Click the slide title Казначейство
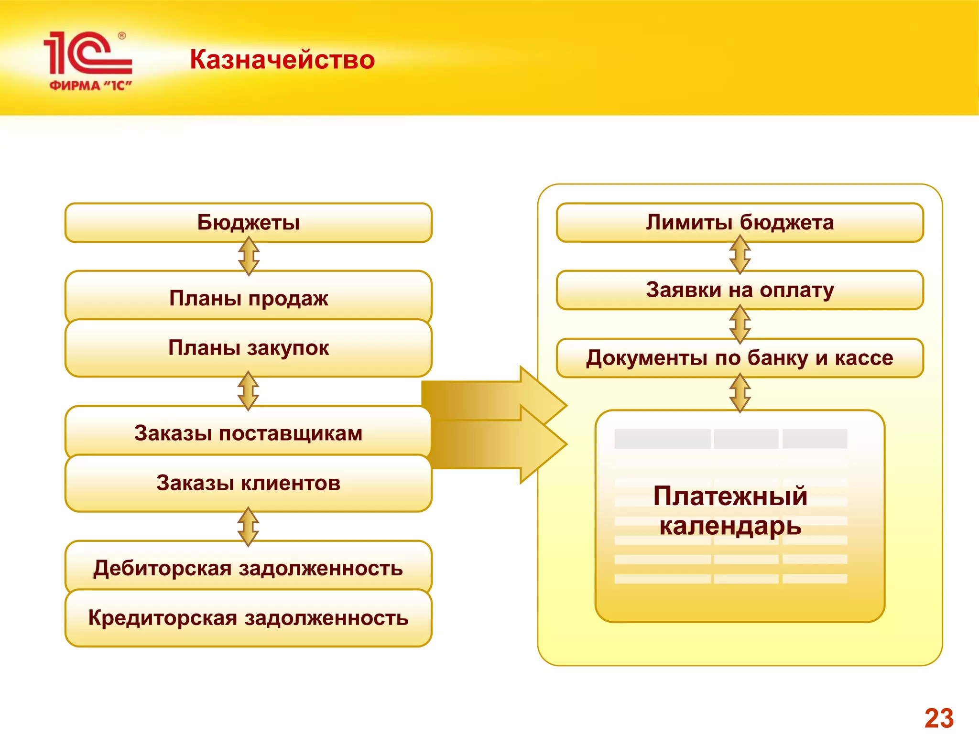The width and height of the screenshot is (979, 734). (x=282, y=60)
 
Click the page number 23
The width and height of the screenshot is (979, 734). (x=939, y=718)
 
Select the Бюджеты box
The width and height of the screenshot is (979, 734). (x=249, y=223)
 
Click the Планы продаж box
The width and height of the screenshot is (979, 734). (x=249, y=298)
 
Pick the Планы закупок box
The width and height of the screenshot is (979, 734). (x=249, y=348)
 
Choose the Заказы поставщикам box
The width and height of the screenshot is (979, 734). (x=249, y=433)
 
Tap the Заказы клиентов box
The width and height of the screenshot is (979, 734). (x=249, y=483)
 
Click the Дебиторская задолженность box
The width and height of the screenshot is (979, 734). (x=249, y=568)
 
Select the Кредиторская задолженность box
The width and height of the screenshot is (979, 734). (x=249, y=618)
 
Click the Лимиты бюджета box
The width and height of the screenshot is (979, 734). (x=740, y=223)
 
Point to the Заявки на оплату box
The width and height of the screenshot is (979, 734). (x=740, y=290)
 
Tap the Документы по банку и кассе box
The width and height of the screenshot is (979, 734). (x=740, y=358)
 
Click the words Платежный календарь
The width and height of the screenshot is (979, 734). (x=730, y=510)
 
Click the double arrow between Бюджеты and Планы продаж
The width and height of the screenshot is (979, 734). (x=249, y=256)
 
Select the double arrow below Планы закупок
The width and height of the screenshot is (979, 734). (x=249, y=391)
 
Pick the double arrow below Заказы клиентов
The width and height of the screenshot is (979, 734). (x=249, y=526)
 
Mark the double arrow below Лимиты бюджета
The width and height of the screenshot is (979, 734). (x=740, y=255)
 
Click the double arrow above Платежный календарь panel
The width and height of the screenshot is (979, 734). (x=740, y=393)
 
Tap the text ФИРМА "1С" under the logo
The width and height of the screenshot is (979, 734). (x=90, y=86)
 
